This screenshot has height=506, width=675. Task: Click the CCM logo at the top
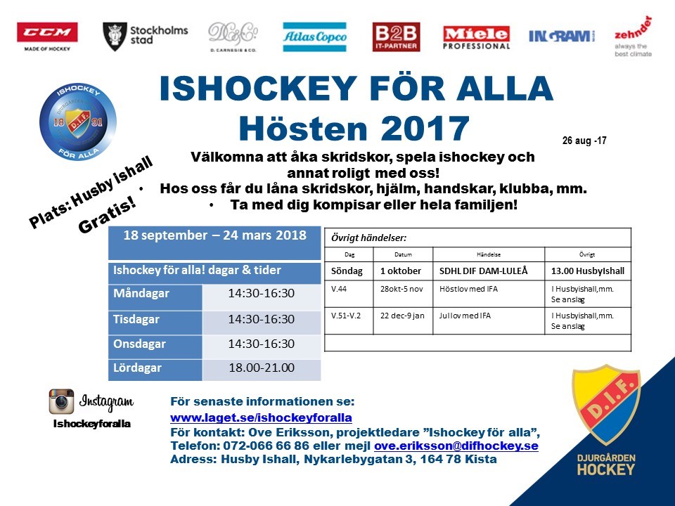(x=47, y=33)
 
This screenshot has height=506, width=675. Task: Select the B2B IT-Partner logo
(x=396, y=37)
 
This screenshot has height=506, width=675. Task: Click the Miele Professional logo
(x=476, y=37)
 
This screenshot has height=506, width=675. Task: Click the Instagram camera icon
(x=61, y=401)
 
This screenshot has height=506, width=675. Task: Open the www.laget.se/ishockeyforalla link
(x=261, y=417)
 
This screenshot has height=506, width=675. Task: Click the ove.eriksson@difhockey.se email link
(x=456, y=446)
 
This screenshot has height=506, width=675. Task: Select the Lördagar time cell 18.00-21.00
(x=262, y=368)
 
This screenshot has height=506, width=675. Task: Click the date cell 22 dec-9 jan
(x=403, y=316)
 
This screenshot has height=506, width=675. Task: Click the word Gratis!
(x=108, y=218)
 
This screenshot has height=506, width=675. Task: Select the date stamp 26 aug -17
(x=584, y=141)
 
